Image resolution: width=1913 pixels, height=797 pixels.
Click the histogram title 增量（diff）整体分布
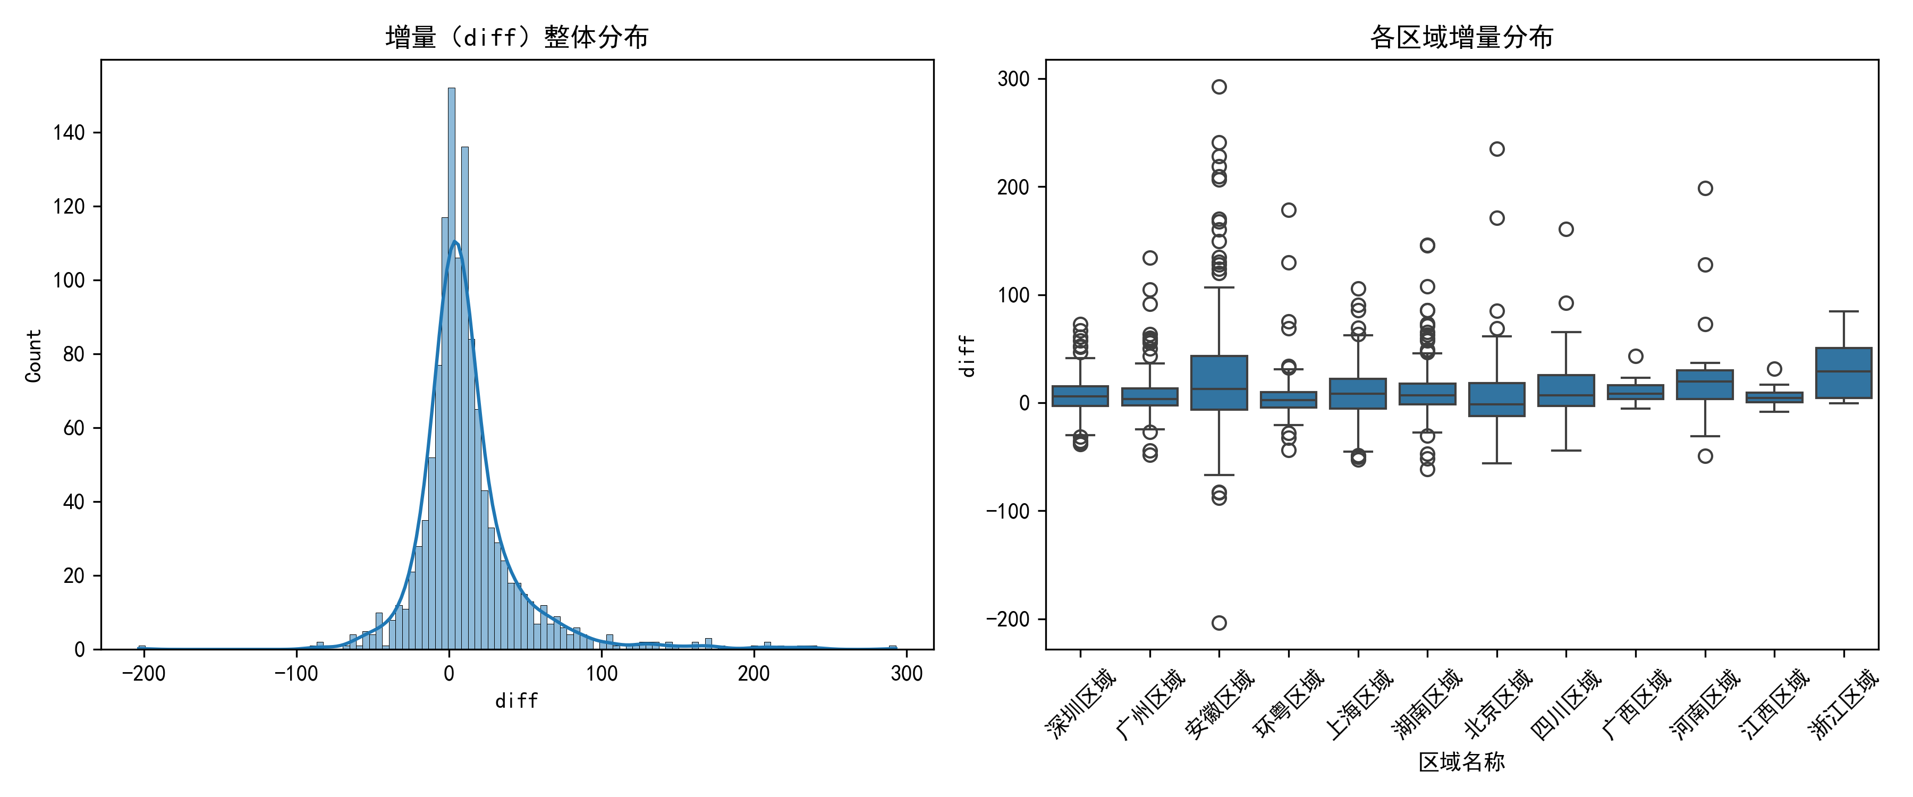pos(517,36)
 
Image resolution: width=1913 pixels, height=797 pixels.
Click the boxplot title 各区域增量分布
pos(1461,36)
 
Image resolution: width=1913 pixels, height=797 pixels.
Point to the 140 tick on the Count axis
pos(69,133)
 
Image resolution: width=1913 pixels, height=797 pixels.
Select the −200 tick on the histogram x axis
pos(143,673)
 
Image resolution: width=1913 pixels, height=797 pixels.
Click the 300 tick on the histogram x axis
pos(907,673)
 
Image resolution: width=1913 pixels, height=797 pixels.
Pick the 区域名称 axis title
pos(1461,761)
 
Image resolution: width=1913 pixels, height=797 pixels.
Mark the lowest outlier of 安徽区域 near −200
pos(1220,622)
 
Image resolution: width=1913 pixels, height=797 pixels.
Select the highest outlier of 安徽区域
pos(1220,87)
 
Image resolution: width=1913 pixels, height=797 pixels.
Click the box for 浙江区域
pos(1844,373)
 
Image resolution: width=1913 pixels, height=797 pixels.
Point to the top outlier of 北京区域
pos(1497,149)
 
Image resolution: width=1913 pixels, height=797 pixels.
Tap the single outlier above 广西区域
pos(1636,357)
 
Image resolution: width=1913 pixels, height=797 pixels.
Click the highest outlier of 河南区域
pos(1706,189)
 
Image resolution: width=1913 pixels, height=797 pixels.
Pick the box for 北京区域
pos(1497,400)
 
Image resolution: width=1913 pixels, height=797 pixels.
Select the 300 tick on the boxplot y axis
pos(1014,80)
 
